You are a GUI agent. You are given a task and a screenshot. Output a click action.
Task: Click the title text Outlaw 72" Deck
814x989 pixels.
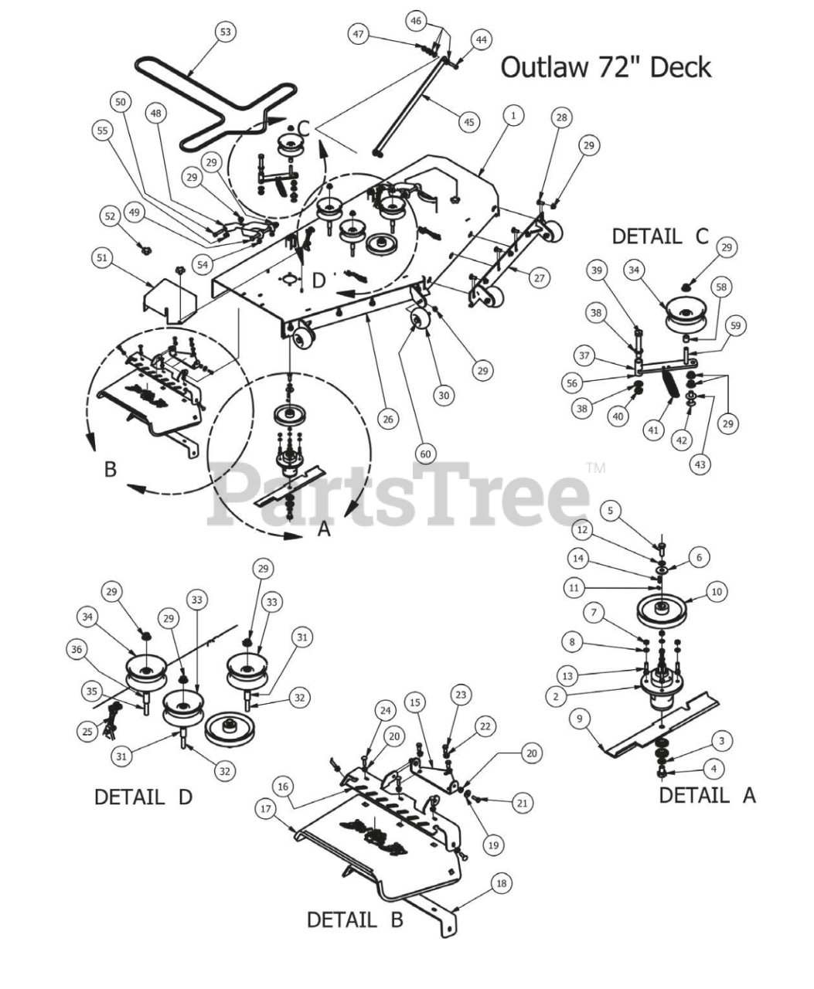click(x=605, y=67)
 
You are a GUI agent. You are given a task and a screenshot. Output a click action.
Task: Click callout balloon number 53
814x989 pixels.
click(x=225, y=32)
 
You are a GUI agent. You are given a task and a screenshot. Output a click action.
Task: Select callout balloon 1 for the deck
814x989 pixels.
click(x=513, y=116)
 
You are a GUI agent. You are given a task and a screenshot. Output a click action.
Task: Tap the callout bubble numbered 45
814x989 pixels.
click(x=468, y=121)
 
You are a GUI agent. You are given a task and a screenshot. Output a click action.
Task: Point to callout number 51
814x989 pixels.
click(x=101, y=258)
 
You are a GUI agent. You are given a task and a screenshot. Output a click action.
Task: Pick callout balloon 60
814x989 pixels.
click(x=425, y=454)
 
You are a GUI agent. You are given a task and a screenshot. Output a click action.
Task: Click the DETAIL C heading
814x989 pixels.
click(x=659, y=236)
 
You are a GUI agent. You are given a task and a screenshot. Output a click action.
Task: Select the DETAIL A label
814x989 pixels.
click(x=707, y=795)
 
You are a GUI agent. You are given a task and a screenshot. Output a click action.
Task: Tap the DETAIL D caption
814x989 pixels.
click(x=142, y=797)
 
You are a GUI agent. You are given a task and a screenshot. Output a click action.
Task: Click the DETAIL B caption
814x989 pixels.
click(x=355, y=920)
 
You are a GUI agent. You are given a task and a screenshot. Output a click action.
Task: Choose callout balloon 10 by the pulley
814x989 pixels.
click(x=716, y=592)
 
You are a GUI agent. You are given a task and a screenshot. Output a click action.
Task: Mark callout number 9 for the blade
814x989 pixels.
click(x=579, y=719)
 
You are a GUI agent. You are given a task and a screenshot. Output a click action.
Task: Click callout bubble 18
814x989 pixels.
click(x=502, y=883)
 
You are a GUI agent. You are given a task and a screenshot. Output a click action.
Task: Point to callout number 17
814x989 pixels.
click(x=266, y=808)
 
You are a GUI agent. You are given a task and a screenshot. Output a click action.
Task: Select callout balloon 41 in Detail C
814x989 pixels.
click(x=654, y=430)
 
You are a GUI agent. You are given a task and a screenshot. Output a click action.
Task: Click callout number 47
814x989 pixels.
click(x=358, y=35)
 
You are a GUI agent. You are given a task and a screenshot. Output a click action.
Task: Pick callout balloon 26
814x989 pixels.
click(x=388, y=420)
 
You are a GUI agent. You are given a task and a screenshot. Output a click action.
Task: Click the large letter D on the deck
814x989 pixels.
click(x=319, y=280)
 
